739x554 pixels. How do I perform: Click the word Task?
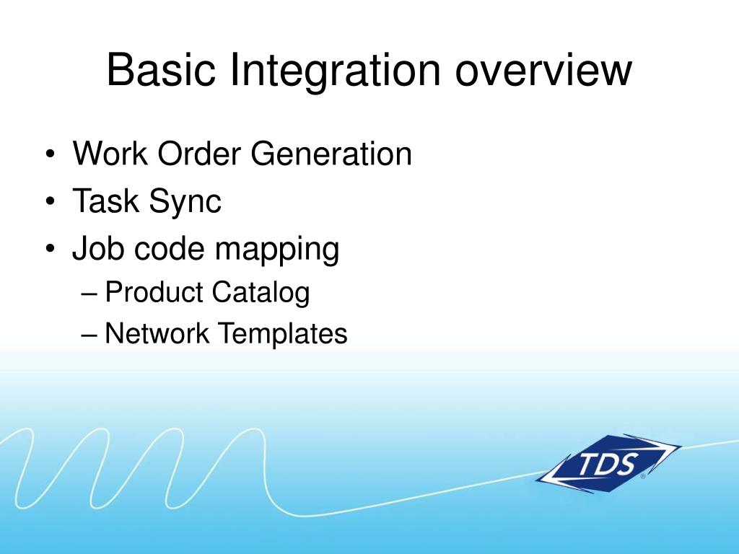pos(105,201)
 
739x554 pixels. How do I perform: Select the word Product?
pos(154,293)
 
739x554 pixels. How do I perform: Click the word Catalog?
pos(261,293)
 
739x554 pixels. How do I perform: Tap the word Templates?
pos(282,335)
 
